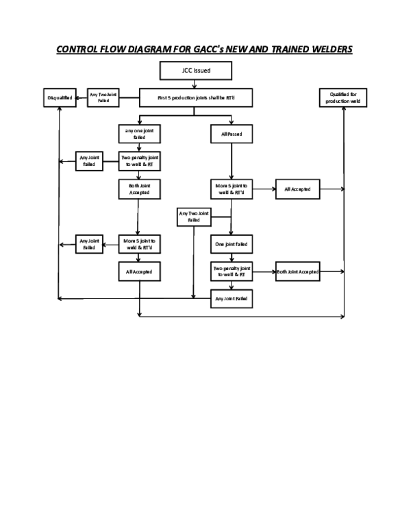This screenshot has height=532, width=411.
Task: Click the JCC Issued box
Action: (x=195, y=70)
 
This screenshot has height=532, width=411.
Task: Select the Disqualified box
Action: (x=60, y=98)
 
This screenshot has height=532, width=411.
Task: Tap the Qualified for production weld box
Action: (x=343, y=98)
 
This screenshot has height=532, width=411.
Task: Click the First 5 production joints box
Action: (x=196, y=98)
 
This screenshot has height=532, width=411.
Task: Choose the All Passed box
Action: (x=232, y=133)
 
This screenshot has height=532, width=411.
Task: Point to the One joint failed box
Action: (x=232, y=244)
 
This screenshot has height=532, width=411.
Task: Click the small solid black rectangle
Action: (x=221, y=202)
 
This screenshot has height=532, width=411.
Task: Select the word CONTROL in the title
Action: (x=78, y=49)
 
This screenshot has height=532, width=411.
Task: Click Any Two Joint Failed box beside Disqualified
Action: (x=103, y=98)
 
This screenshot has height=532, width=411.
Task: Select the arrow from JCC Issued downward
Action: (x=195, y=84)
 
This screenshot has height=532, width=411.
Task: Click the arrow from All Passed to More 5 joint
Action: (x=232, y=160)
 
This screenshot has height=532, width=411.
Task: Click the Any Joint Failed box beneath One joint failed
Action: (x=232, y=299)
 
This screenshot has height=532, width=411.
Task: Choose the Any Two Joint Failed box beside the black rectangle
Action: (x=194, y=217)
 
